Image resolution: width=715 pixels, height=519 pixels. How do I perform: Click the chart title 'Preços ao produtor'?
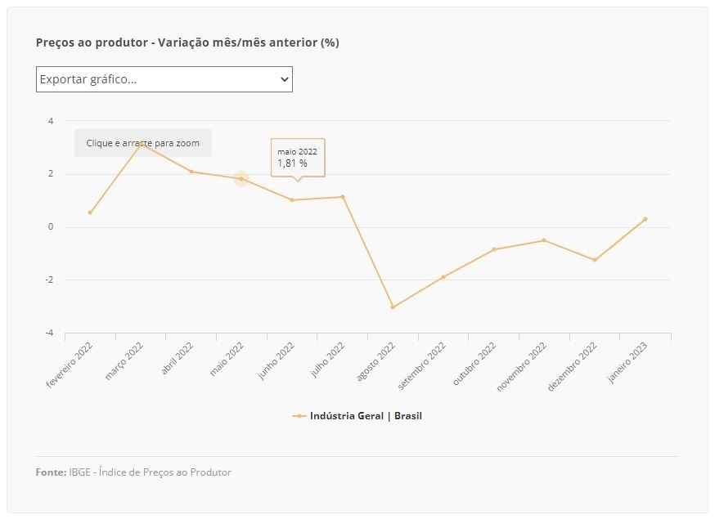[x=92, y=43]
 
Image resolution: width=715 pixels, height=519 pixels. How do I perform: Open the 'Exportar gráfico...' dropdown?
[x=164, y=79]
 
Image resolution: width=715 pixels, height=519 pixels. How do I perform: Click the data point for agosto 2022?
[x=393, y=307]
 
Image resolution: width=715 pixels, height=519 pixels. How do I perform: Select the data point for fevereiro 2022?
[x=90, y=213]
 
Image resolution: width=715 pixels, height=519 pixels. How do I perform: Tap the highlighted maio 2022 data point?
[x=241, y=179]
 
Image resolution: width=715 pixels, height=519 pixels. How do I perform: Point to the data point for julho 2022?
[x=343, y=197]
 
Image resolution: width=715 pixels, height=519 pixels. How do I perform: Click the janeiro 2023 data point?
[x=645, y=219]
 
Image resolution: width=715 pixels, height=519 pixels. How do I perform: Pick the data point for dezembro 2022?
[x=595, y=260]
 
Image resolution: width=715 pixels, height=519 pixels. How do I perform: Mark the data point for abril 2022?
[x=191, y=172]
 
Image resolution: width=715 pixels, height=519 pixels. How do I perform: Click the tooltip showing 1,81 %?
[x=298, y=158]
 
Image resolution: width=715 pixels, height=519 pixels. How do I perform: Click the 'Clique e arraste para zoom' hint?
[x=142, y=143]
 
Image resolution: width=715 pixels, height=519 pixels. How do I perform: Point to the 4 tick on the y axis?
[x=51, y=121]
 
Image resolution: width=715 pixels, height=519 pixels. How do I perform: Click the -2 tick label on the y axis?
[x=49, y=280]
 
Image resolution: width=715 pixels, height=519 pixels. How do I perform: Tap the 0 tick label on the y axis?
[x=51, y=227]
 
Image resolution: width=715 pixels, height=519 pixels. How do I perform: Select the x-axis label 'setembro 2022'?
[x=422, y=365]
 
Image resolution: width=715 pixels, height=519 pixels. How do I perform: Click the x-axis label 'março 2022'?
[x=124, y=361]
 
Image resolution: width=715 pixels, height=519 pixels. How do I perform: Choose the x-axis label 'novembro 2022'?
[x=522, y=367]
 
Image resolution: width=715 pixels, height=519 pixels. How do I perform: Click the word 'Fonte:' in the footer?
[x=51, y=472]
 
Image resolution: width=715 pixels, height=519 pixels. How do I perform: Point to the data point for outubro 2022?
[x=494, y=249]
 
